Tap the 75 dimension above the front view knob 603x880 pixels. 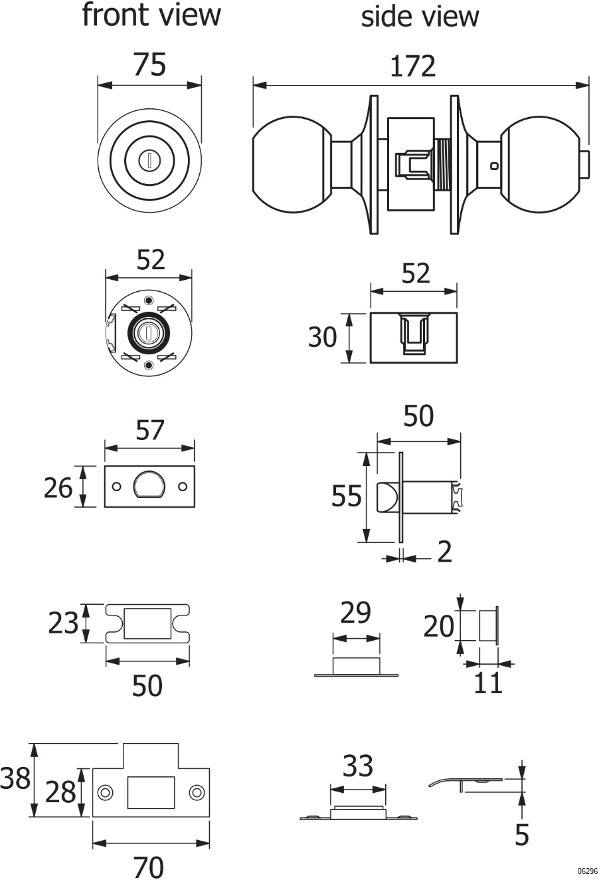pyautogui.click(x=150, y=65)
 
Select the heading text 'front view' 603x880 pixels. pyautogui.click(x=151, y=15)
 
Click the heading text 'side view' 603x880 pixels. pyautogui.click(x=420, y=17)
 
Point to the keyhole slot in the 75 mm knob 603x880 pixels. pyautogui.click(x=150, y=159)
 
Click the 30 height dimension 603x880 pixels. pyautogui.click(x=323, y=338)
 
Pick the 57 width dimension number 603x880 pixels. pyautogui.click(x=150, y=430)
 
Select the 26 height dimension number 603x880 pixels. pyautogui.click(x=58, y=489)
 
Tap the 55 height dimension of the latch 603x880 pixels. pyautogui.click(x=347, y=496)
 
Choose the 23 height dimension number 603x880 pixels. pyautogui.click(x=64, y=623)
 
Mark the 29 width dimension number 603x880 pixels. pyautogui.click(x=355, y=613)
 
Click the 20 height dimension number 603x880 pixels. pyautogui.click(x=439, y=625)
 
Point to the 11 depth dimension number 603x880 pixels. pyautogui.click(x=488, y=683)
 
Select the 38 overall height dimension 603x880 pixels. pyautogui.click(x=15, y=778)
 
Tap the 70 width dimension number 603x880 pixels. pyautogui.click(x=148, y=867)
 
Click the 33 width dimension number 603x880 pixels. pyautogui.click(x=358, y=767)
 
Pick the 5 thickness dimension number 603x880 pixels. pyautogui.click(x=522, y=835)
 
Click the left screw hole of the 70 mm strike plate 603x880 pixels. pyautogui.click(x=104, y=792)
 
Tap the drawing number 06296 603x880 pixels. pyautogui.click(x=588, y=871)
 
